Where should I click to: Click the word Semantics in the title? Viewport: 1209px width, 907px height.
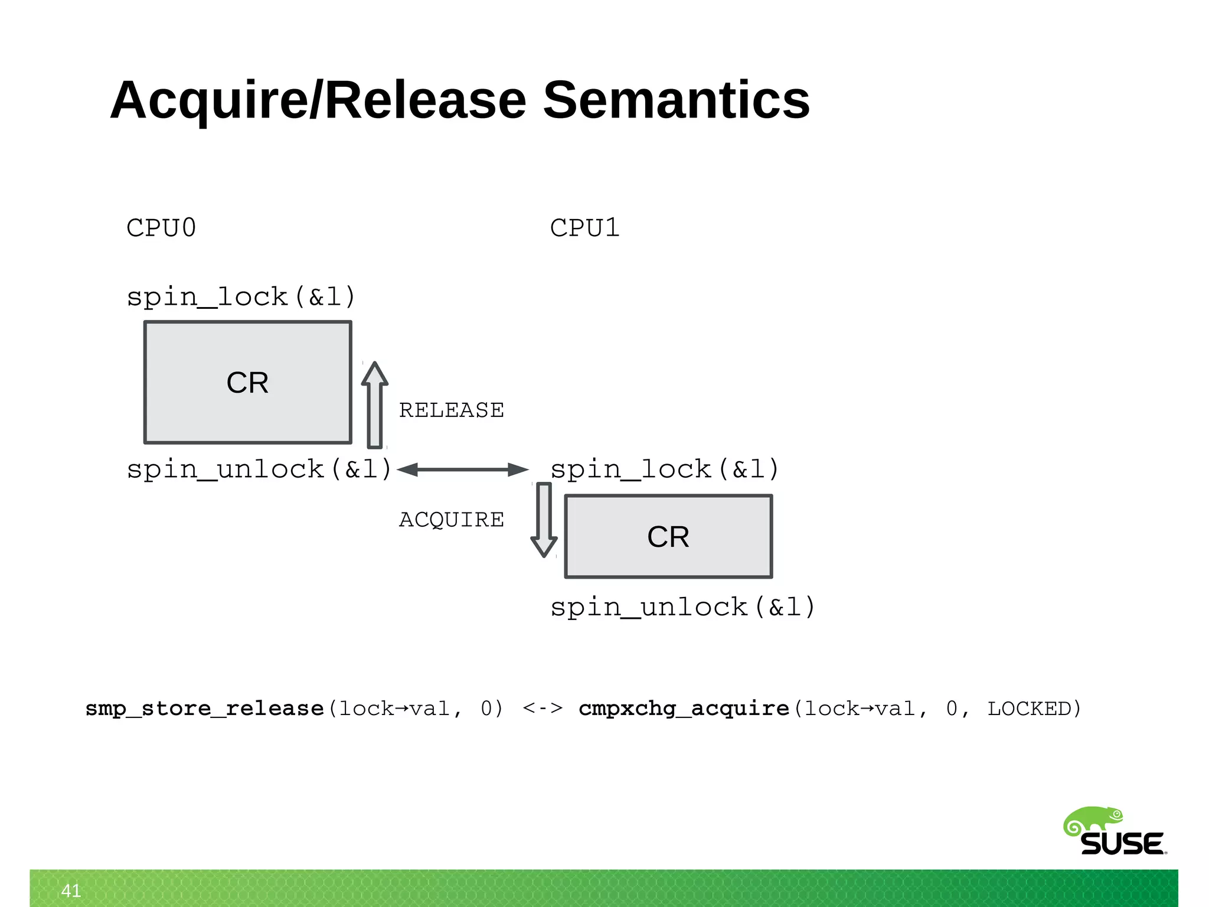676,100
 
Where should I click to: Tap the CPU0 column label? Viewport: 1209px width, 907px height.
161,228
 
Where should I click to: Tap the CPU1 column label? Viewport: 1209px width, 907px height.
584,228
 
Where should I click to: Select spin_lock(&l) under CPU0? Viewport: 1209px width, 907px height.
241,296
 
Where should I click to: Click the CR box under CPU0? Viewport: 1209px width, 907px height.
247,382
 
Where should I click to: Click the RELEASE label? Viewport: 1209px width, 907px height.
452,410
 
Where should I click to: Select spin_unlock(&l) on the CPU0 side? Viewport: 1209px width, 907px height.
259,469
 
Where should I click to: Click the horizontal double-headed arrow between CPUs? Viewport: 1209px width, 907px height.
463,469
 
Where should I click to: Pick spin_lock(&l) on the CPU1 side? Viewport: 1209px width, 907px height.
665,469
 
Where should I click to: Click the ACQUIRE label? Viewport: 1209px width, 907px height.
452,520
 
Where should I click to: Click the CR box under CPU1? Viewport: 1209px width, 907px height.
668,536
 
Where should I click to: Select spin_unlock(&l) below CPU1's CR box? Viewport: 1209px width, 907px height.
682,607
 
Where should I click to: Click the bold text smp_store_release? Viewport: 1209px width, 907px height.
205,708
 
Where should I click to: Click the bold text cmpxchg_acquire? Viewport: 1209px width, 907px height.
684,708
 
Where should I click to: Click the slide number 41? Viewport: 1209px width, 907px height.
71,890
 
